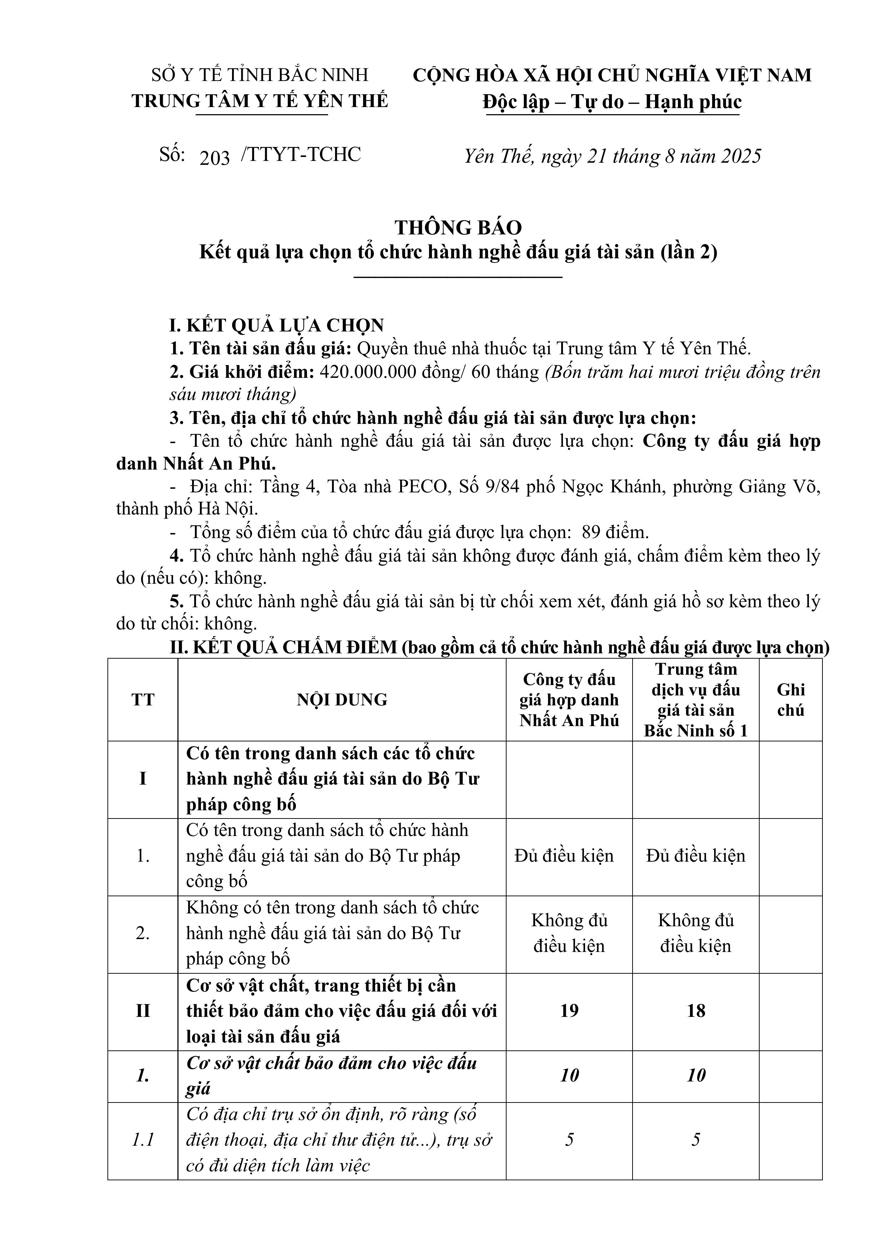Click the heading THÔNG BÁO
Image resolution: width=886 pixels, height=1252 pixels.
pyautogui.click(x=458, y=227)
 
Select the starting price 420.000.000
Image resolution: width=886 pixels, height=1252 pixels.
pyautogui.click(x=365, y=372)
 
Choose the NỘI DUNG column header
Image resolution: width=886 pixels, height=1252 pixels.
pyautogui.click(x=342, y=700)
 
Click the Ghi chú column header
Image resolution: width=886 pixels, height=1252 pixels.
pyautogui.click(x=791, y=700)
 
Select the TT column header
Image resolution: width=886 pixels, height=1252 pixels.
pyautogui.click(x=143, y=700)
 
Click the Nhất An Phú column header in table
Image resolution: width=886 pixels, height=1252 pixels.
pyautogui.click(x=569, y=700)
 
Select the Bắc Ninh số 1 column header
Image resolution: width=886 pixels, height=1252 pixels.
pyautogui.click(x=696, y=700)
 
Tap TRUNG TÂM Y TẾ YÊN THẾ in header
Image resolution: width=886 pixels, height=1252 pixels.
pyautogui.click(x=260, y=101)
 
